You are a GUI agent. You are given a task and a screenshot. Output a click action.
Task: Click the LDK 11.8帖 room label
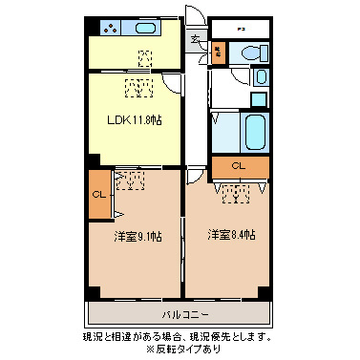133,120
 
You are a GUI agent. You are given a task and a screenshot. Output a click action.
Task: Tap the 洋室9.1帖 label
138,236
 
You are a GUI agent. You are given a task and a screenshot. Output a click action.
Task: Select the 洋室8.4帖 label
231,234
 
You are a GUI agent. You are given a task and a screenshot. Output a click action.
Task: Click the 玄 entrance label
195,39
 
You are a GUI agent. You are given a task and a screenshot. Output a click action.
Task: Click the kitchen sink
145,29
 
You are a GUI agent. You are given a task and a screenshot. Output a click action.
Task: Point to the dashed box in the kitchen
144,57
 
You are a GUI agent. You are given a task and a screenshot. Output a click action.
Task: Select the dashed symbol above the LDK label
139,89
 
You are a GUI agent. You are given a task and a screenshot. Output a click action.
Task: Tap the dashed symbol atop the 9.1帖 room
130,180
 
